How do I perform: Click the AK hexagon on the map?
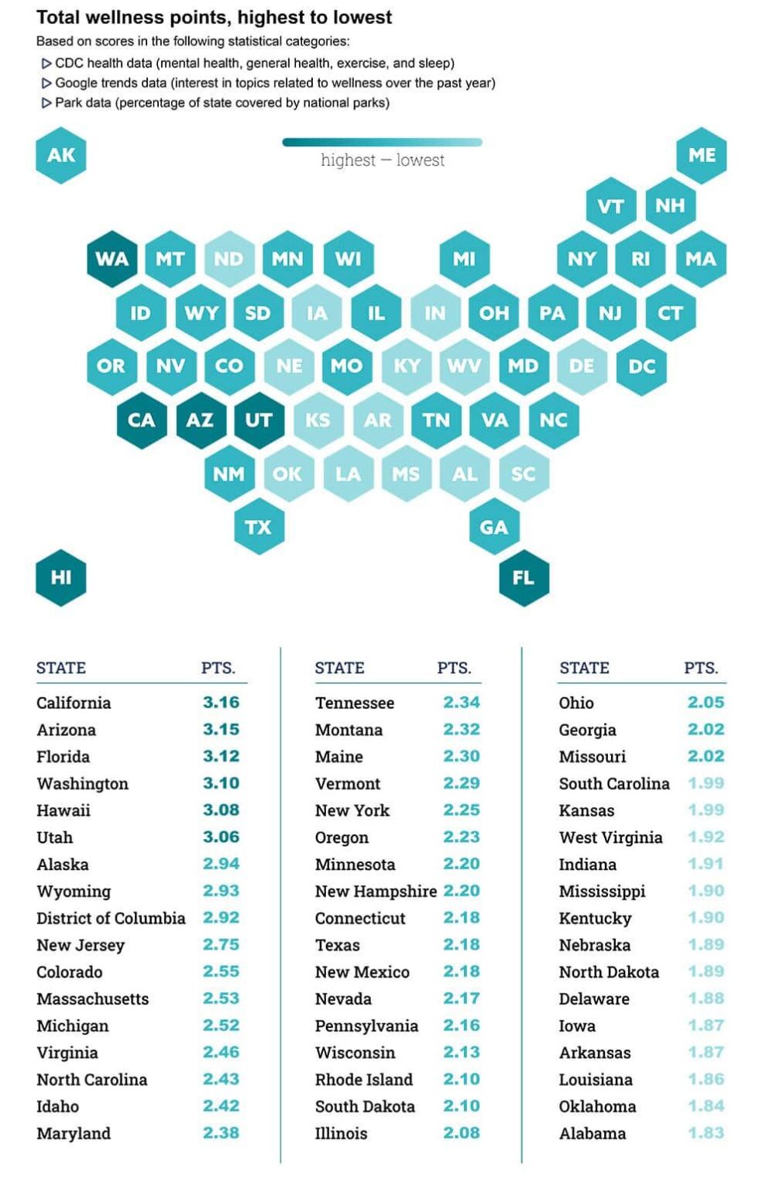[x=60, y=156]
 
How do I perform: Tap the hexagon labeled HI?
[x=60, y=578]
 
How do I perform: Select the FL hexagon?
[x=524, y=578]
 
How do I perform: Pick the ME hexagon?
[x=702, y=156]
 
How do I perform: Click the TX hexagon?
[x=259, y=528]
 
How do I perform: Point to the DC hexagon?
[x=641, y=366]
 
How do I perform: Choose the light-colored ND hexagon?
[x=229, y=260]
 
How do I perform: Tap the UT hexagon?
[x=259, y=421]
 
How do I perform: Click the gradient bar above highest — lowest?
[x=383, y=142]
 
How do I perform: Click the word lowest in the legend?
[x=420, y=160]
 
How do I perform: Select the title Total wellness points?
[x=214, y=17]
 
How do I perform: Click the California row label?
[x=74, y=703]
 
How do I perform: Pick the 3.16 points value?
[x=221, y=703]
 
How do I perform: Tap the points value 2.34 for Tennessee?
[x=462, y=703]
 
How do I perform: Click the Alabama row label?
[x=593, y=1133]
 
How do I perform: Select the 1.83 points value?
[x=706, y=1133]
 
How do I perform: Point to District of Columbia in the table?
[x=111, y=918]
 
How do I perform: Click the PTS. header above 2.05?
[x=701, y=668]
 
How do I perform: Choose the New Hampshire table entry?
[x=376, y=892]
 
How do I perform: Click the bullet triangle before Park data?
[x=46, y=103]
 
